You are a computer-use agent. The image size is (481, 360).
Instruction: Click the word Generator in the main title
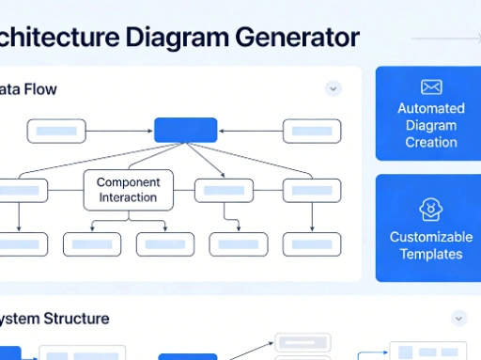pos(300,38)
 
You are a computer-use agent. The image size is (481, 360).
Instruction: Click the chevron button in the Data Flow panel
pos(333,88)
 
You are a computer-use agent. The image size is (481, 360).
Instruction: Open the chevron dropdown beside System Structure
pos(458,318)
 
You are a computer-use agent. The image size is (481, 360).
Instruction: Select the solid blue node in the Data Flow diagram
pos(185,130)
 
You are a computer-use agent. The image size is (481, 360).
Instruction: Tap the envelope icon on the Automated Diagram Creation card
pos(431,87)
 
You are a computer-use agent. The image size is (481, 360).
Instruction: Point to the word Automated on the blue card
pos(431,109)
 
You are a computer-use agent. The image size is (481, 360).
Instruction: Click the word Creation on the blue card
pos(431,143)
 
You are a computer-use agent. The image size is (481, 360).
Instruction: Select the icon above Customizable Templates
pos(431,209)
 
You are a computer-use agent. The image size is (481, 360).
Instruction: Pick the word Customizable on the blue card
pos(431,237)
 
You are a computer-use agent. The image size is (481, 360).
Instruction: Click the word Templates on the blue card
pos(431,254)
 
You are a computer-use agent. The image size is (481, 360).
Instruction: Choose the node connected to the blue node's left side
pos(57,132)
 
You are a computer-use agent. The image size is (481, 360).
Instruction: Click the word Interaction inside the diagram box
pos(129,198)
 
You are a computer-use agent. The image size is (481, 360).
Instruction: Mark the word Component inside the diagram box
pos(129,182)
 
